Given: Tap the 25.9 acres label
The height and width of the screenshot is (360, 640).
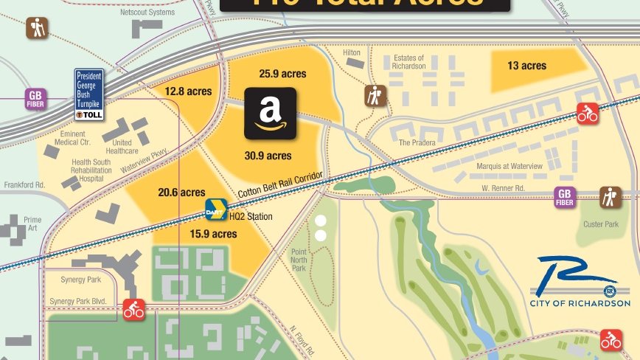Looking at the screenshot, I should tap(282, 74).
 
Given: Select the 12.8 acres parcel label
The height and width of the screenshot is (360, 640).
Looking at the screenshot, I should tap(188, 91).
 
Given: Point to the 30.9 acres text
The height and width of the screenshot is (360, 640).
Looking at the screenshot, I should tap(268, 156).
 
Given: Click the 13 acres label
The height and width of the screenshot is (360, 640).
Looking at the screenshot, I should tap(526, 66).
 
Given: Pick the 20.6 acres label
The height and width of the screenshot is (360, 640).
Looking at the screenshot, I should tap(181, 193).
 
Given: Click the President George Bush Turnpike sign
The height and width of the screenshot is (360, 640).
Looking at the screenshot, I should tap(89, 94).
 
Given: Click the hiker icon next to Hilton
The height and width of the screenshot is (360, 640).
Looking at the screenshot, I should tap(376, 96).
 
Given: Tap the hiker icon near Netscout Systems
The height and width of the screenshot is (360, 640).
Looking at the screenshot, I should tap(36, 29).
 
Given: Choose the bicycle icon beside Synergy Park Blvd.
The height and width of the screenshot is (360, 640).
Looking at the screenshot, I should tap(133, 309).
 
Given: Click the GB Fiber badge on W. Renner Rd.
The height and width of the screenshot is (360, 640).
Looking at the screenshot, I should tap(565, 197).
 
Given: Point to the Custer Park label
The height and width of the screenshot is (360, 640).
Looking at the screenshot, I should tap(601, 224).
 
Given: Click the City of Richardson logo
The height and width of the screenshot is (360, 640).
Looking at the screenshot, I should tap(580, 283).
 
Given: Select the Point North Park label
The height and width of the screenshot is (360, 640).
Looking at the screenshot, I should tap(298, 260).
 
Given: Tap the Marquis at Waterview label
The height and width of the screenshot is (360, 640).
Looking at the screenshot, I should tap(509, 167).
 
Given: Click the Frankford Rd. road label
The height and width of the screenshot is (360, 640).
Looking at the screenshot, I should tap(29, 184).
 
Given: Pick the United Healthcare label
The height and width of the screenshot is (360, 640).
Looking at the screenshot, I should tap(122, 147).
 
